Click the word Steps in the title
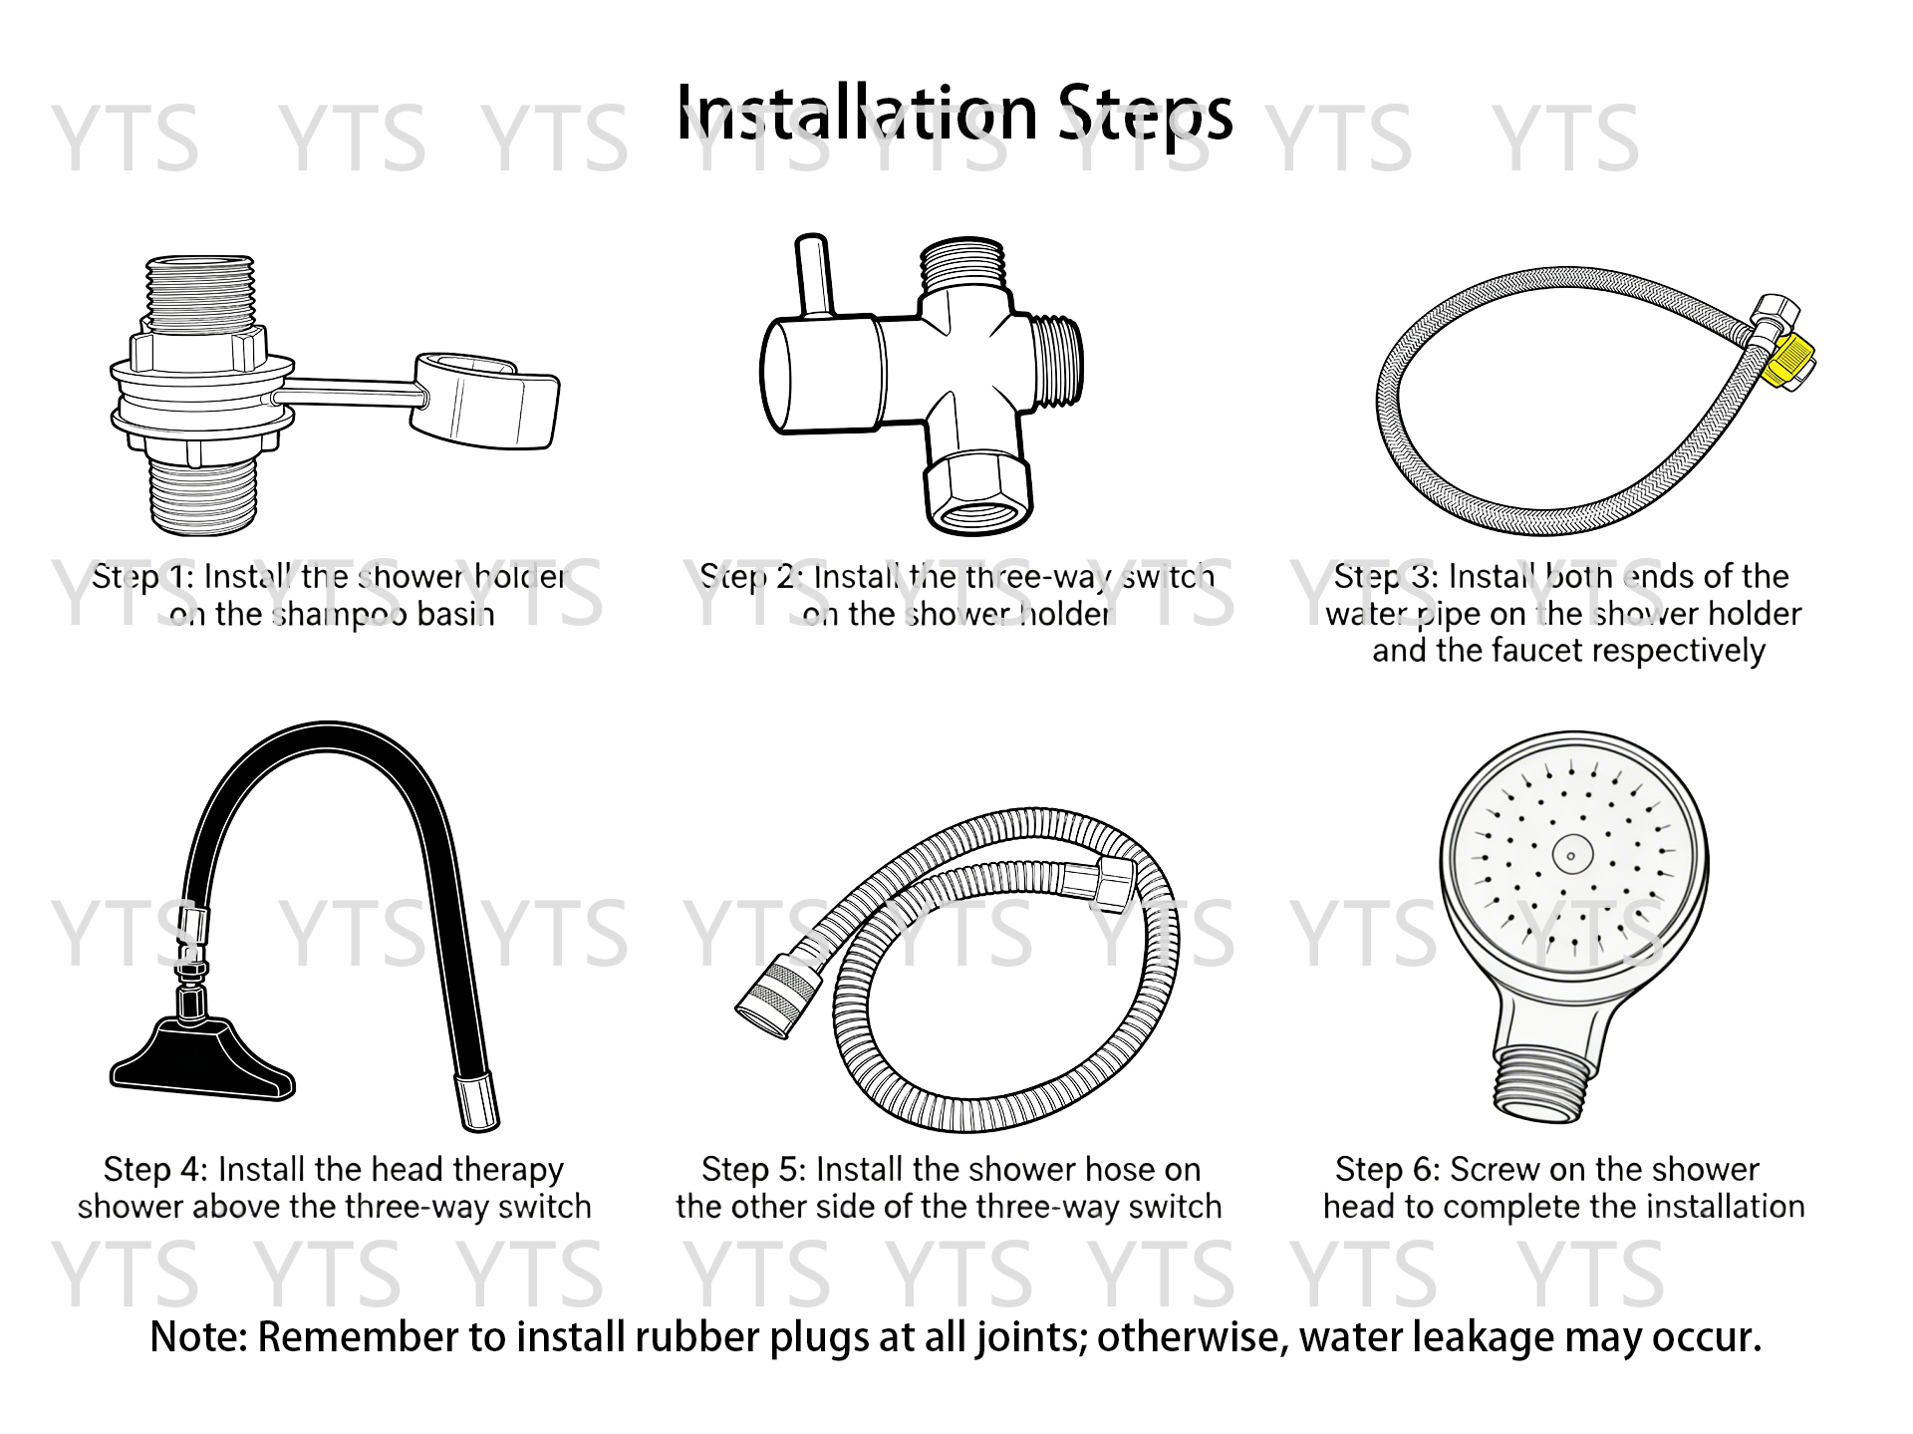click(x=1146, y=114)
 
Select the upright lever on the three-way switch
click(x=812, y=274)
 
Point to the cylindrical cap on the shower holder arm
click(x=486, y=401)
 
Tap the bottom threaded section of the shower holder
click(x=204, y=495)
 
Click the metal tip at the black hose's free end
click(x=476, y=1102)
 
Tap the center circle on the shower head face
click(x=1571, y=855)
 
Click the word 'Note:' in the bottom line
click(x=198, y=1337)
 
